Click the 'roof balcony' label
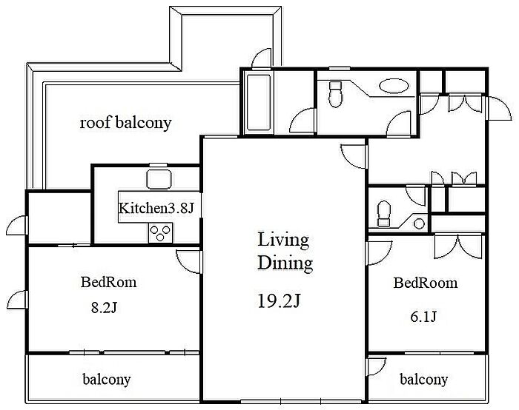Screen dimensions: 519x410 [125, 123]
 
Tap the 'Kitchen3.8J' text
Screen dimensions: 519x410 [156, 208]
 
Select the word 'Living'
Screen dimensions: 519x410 [283, 241]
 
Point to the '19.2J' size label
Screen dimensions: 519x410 [279, 301]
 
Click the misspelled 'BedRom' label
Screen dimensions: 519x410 [108, 282]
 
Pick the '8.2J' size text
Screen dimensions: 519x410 [104, 308]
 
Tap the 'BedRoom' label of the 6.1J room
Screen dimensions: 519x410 [426, 283]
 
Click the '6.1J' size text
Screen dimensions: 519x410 [423, 317]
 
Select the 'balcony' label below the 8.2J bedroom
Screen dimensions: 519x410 [107, 379]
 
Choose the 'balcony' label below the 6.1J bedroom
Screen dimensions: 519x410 [423, 379]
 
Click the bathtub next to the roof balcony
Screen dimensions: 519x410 [259, 103]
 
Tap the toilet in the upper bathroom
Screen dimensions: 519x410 [335, 95]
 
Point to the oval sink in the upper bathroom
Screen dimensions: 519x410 [394, 86]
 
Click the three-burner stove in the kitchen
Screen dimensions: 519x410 [161, 232]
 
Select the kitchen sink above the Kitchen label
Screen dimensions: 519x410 [159, 179]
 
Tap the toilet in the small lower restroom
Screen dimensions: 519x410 [384, 214]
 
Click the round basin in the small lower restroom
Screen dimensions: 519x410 [419, 224]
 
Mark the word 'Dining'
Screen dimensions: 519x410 [285, 263]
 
